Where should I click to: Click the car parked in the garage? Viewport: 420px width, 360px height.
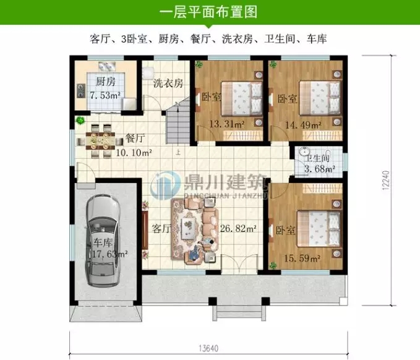coord(103,241)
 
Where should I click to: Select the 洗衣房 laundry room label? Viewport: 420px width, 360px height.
coord(168,84)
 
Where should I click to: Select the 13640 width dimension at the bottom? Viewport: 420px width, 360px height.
coord(208,347)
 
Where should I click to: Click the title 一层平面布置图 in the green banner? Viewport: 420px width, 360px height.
coord(208,12)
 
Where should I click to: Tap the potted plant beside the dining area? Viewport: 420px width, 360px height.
coord(79,121)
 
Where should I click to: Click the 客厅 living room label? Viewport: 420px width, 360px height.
coord(161,228)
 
